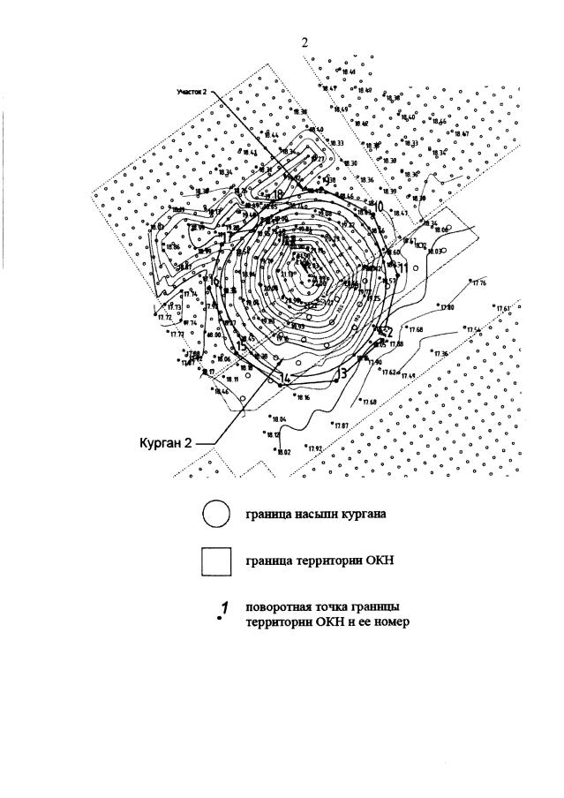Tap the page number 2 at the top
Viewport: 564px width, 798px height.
click(x=305, y=42)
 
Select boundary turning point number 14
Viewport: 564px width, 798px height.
click(x=284, y=378)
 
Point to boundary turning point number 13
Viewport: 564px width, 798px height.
click(x=342, y=373)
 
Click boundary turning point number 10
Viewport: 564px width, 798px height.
click(x=377, y=206)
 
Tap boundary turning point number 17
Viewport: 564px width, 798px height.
click(x=226, y=237)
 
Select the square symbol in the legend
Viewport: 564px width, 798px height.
click(x=216, y=562)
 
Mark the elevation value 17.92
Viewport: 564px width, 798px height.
click(x=315, y=448)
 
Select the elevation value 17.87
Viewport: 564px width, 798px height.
click(x=342, y=425)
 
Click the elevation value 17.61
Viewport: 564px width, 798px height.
click(x=504, y=307)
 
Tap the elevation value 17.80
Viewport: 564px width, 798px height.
click(x=447, y=307)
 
